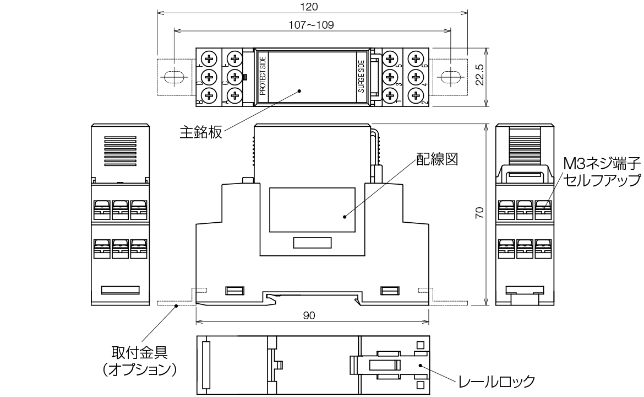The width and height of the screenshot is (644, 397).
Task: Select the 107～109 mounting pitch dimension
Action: tap(312, 25)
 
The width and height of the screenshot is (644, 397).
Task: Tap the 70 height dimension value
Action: tap(479, 213)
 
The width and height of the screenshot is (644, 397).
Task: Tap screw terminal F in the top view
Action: tap(209, 58)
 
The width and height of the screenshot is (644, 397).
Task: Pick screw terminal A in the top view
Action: tap(235, 95)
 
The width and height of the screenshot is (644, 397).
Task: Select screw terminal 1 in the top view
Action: tap(390, 95)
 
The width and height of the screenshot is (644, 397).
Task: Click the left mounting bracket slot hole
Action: tap(173, 77)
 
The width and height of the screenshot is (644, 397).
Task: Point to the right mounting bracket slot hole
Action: tap(451, 77)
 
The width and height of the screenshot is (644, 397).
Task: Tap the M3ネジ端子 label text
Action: tap(602, 164)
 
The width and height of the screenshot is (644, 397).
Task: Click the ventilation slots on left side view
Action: tap(121, 151)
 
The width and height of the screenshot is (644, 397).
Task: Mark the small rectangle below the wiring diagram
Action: tap(312, 243)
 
